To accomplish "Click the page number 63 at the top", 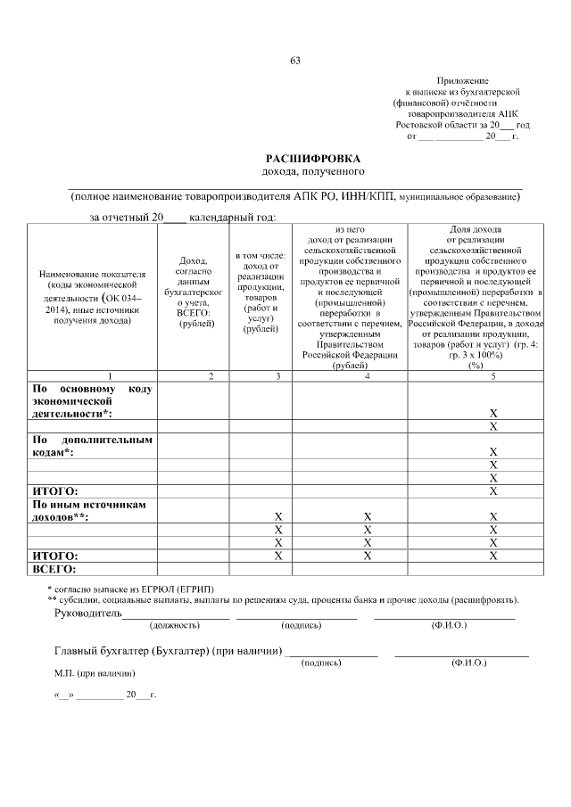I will pyautogui.click(x=294, y=61).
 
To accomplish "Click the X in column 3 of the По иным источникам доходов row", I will pyautogui.click(x=278, y=516).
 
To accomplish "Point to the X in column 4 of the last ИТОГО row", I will pyautogui.click(x=367, y=555).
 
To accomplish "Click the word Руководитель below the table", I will pyautogui.click(x=87, y=614).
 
